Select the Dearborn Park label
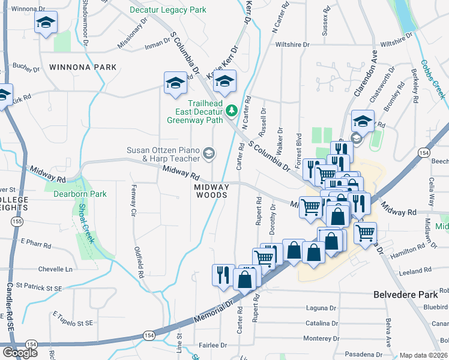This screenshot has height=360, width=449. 80,194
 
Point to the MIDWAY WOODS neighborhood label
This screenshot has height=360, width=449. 211,190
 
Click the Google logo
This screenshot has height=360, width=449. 20,352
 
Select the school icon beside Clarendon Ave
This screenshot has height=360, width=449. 363,121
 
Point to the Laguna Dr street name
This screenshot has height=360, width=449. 320,308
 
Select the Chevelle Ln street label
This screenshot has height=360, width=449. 55,269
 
